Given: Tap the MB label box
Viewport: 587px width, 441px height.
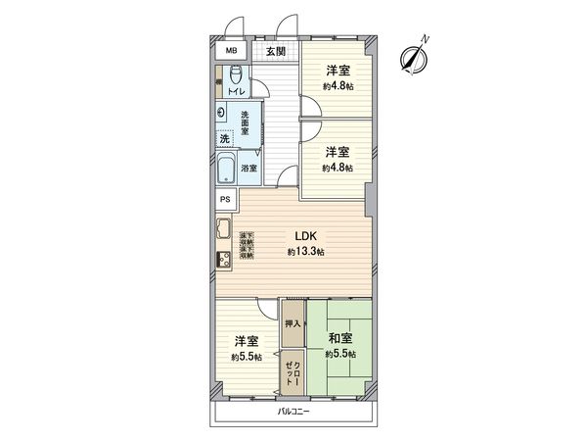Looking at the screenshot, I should coord(232,52).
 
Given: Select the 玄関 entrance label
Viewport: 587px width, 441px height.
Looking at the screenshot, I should coord(275,52).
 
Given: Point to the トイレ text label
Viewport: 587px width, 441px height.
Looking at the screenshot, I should coord(236,93).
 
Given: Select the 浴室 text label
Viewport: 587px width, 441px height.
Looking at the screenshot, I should coord(249,168).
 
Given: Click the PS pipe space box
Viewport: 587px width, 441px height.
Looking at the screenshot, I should coord(226,201).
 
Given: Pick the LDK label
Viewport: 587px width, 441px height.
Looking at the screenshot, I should coord(306,235).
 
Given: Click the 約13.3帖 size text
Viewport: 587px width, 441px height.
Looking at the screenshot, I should coord(306,252).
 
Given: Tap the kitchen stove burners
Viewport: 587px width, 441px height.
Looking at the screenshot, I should coord(222,261).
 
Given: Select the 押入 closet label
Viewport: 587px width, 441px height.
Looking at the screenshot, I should coord(293,322).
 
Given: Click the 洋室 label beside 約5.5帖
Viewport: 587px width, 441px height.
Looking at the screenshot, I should coord(247,341).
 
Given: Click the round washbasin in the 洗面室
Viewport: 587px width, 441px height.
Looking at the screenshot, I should coord(224,112).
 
